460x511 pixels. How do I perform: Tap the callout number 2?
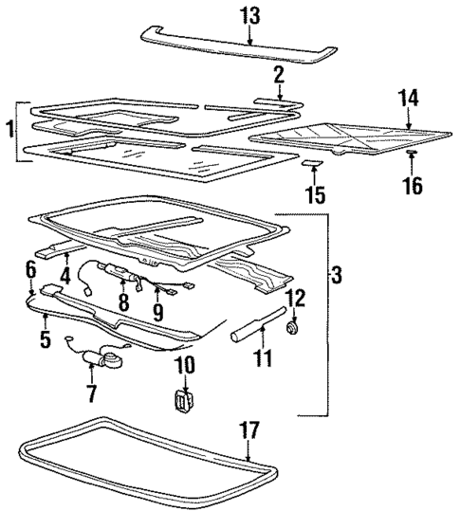coord(278,75)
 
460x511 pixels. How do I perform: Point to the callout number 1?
coord(9,128)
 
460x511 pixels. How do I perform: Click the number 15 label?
coord(315,195)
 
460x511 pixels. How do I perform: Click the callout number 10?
coord(184,366)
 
